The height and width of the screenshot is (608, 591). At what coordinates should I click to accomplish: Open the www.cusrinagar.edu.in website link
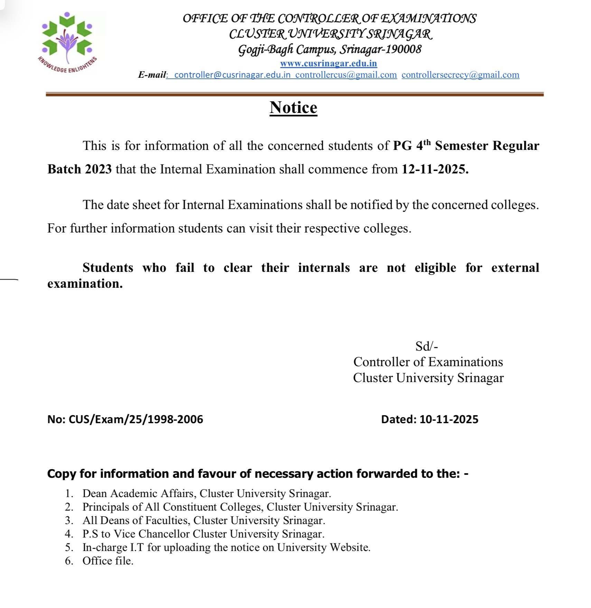pos(328,64)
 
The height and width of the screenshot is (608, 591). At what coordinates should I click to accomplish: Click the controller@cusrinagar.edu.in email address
pos(232,75)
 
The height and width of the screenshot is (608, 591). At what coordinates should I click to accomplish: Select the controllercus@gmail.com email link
pos(346,75)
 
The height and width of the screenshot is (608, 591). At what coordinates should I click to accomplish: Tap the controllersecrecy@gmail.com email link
pos(460,75)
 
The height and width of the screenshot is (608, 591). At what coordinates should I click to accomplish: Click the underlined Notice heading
pos(293,107)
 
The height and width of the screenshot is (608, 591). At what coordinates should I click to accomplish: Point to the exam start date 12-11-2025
pos(435,169)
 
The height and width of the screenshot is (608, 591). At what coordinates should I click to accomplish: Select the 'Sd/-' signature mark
pos(426,346)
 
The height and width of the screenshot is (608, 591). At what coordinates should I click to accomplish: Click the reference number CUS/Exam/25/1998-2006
pos(136,419)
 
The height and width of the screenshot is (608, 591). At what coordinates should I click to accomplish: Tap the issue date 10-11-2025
pos(449,419)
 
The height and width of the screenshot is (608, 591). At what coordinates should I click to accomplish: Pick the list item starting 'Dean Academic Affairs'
pos(207,494)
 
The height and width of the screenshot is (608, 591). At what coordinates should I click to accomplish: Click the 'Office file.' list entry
pos(108,561)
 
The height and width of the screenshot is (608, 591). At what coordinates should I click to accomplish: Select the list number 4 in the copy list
pos(69,534)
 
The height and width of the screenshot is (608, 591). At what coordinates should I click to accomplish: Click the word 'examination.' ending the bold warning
pos(85,284)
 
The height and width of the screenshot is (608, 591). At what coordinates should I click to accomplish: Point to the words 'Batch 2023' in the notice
pos(79,169)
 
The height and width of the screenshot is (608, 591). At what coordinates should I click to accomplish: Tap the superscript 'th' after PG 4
pos(427,142)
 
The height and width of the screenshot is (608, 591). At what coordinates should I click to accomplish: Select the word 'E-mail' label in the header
pos(152,75)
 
